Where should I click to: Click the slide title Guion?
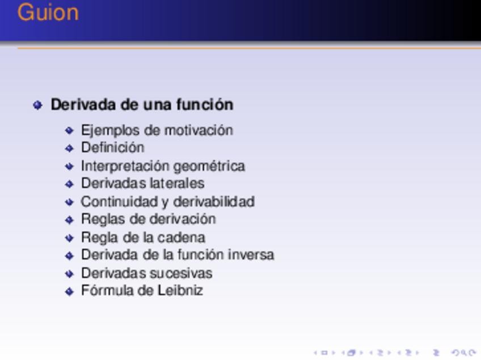48,12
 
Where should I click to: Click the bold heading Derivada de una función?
142,104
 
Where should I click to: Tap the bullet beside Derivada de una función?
37,105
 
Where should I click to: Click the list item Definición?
112,147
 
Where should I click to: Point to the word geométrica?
209,167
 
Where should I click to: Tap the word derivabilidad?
214,202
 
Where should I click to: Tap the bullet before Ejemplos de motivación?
70,130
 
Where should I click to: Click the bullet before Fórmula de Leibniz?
70,291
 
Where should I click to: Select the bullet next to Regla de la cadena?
70,238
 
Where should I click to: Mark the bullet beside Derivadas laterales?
70,184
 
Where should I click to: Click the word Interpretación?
125,167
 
